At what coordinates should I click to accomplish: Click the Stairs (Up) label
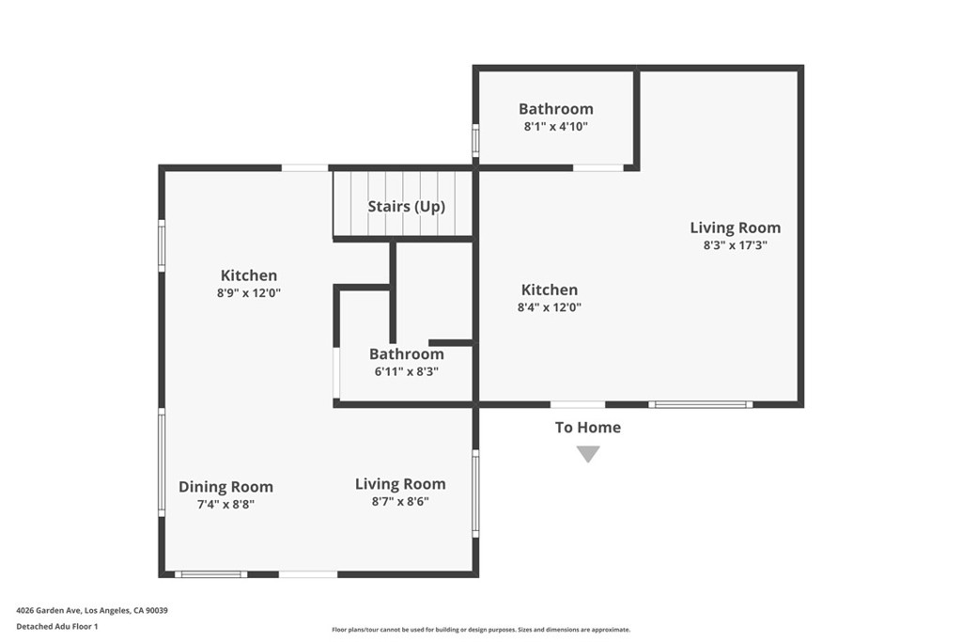click(x=406, y=206)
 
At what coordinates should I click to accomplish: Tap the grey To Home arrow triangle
click(x=588, y=454)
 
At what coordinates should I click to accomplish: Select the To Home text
click(x=588, y=427)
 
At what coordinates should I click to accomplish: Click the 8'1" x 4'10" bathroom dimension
click(x=556, y=126)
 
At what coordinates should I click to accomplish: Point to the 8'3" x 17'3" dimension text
click(x=735, y=245)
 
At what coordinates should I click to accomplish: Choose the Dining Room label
click(x=226, y=487)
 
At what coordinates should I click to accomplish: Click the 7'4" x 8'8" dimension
click(x=226, y=504)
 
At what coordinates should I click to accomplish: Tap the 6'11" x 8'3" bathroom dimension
click(x=407, y=371)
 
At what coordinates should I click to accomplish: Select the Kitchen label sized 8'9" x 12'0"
click(x=249, y=275)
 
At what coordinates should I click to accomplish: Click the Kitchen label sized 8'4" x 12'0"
click(x=550, y=290)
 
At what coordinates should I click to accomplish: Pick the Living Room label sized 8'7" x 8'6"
click(x=400, y=484)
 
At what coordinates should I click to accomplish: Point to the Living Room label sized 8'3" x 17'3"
click(x=735, y=227)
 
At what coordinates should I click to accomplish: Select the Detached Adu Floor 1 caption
click(x=57, y=626)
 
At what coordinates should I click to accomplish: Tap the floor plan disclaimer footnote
click(x=480, y=630)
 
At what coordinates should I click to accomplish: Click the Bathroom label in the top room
click(x=556, y=109)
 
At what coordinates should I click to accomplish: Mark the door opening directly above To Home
click(x=578, y=404)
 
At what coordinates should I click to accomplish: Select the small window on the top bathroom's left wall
click(x=475, y=140)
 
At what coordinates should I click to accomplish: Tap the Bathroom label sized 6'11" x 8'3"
click(x=407, y=354)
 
